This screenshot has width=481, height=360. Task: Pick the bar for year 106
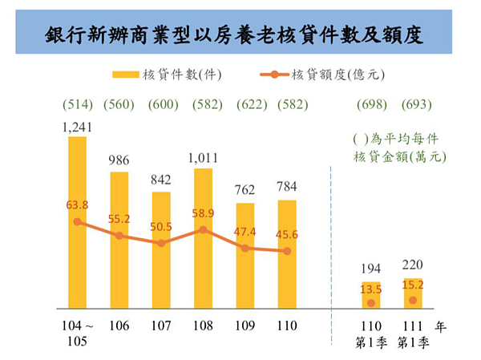point(119,241)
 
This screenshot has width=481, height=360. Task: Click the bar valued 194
point(370,297)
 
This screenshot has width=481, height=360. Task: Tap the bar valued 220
point(412,293)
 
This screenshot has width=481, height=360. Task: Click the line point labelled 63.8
point(77,221)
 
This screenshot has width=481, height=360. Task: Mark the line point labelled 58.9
point(203,229)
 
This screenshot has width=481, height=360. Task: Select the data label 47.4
point(245,233)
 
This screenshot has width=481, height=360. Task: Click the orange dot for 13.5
point(370,303)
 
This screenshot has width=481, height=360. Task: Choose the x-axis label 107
point(160,326)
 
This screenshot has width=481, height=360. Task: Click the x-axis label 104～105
point(78,334)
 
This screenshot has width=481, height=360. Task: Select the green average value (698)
point(370,105)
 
